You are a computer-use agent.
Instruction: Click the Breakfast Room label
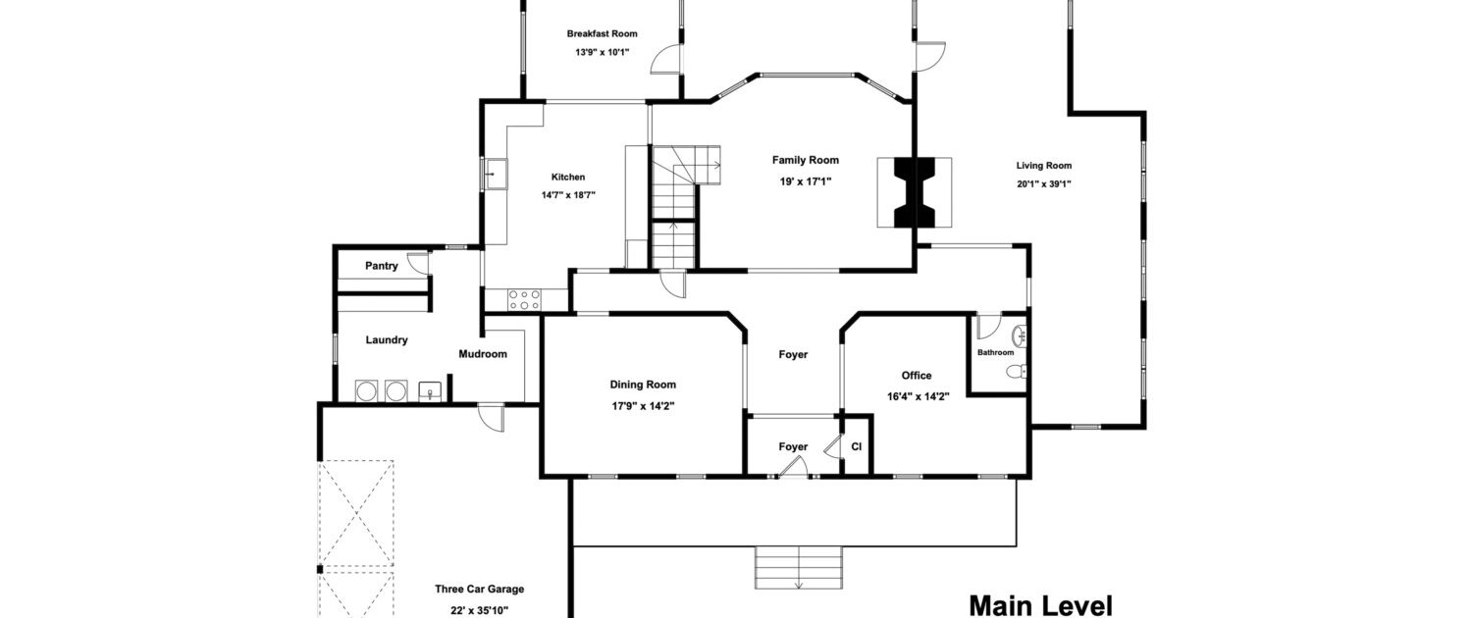click(602, 33)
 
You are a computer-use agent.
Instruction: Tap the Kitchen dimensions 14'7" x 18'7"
click(568, 195)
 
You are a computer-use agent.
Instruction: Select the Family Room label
click(805, 160)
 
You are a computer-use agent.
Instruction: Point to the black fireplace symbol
click(914, 192)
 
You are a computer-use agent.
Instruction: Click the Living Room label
click(1043, 166)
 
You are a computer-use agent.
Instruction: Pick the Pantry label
click(381, 266)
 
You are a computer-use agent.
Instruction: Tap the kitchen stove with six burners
click(524, 300)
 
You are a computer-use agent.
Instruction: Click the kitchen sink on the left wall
click(496, 174)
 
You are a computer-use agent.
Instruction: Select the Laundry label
click(387, 340)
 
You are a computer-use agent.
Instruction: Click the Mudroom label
click(483, 354)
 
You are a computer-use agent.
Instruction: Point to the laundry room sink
click(431, 391)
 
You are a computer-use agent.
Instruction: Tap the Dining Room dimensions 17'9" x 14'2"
click(643, 406)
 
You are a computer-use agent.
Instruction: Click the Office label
click(916, 376)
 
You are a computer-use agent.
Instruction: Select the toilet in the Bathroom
click(1016, 372)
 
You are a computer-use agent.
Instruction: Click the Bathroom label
click(995, 353)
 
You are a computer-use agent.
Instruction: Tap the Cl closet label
click(857, 446)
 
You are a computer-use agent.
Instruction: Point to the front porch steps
click(799, 567)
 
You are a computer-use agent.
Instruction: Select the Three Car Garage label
click(479, 590)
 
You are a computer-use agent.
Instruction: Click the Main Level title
click(1041, 606)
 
